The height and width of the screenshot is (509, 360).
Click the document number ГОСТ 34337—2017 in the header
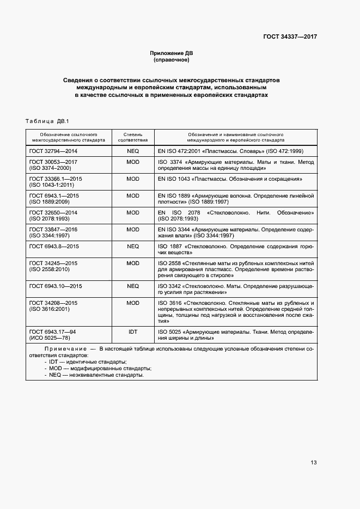[290, 37]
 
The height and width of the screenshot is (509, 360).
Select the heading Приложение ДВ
[172, 53]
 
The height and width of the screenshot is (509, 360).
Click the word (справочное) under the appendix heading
[172, 59]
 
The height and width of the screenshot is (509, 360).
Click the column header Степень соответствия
[132, 136]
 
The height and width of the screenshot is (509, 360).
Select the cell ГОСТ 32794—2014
[53, 151]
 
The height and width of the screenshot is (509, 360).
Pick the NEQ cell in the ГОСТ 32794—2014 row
[132, 151]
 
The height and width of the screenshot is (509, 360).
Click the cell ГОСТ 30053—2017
[53, 162]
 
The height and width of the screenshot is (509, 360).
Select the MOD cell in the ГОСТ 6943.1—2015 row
[132, 195]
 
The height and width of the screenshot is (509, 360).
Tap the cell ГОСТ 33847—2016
[53, 229]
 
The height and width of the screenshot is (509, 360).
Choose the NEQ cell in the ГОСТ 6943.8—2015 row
[132, 246]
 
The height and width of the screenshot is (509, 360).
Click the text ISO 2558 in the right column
[169, 263]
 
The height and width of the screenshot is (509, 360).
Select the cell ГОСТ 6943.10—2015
[56, 286]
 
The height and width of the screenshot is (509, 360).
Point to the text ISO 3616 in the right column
[169, 303]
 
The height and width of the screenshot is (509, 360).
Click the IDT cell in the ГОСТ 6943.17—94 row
[132, 331]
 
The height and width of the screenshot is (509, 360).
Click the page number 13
[313, 463]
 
